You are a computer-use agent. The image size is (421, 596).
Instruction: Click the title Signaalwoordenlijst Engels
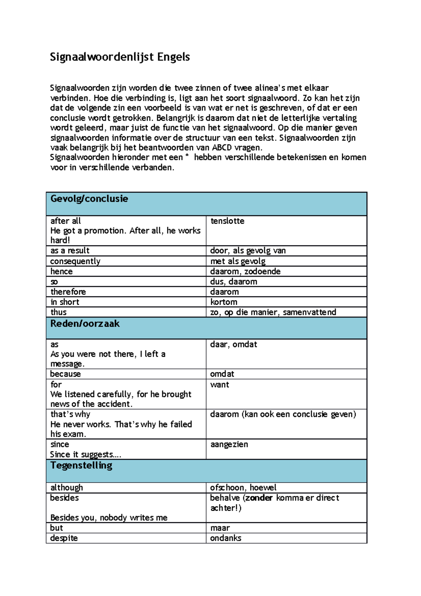pos(120,57)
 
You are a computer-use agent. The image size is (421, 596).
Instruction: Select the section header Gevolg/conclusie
pos(89,199)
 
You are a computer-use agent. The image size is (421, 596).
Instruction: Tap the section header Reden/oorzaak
pos(85,324)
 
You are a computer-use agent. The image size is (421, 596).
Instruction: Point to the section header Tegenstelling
pos(81,465)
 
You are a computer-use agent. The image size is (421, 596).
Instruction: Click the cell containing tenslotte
pos(227,221)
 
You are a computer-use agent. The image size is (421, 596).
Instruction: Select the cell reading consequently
pos(75,261)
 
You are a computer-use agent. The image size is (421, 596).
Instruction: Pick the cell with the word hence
pos(61,271)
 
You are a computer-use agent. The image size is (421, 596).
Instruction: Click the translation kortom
pos(224,302)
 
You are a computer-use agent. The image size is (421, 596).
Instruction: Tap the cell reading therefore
pos(68,292)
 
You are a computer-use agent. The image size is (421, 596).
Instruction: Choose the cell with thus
pos(58,312)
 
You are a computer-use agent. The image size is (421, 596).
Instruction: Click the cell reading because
pos(65,374)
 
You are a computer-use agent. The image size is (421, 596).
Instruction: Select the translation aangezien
pos(229,444)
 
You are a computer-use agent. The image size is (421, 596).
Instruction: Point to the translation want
pos(220,385)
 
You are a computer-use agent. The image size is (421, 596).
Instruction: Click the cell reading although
pos(67,488)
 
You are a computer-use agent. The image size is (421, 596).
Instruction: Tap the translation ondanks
pos(226,538)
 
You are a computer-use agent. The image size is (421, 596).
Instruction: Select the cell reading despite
pos(64,538)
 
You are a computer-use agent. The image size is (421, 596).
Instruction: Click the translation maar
pos(220,528)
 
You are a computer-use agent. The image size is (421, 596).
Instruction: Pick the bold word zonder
pos(259,498)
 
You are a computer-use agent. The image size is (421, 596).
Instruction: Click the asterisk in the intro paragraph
pos(187,156)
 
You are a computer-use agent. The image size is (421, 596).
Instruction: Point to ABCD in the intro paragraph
pos(222,147)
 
